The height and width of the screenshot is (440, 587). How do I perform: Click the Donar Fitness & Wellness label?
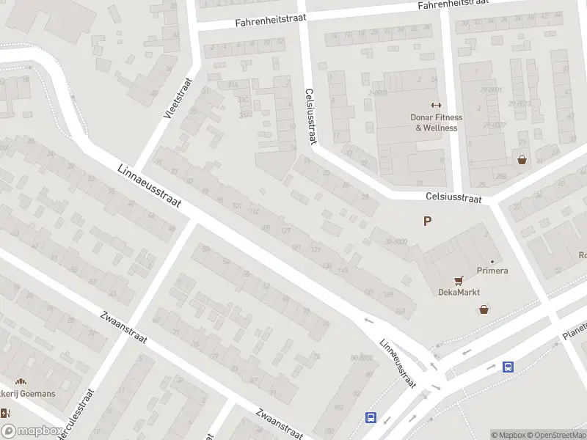click(436, 122)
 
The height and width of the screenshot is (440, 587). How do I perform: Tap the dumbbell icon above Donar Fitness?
click(436, 105)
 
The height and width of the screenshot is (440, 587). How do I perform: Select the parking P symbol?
click(427, 221)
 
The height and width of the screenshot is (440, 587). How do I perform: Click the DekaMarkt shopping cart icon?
click(459, 279)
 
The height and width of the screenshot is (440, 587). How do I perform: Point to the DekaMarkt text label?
click(459, 292)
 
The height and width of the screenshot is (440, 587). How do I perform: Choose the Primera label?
click(492, 271)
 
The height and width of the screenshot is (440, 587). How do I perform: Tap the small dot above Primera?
click(492, 261)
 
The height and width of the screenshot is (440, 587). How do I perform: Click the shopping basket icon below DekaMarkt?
click(484, 309)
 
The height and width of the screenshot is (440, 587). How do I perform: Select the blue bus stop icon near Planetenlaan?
click(508, 367)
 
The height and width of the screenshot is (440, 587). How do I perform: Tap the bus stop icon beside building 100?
click(371, 418)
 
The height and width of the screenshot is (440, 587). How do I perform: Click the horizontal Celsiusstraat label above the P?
click(453, 198)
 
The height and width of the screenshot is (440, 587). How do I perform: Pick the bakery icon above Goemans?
click(21, 381)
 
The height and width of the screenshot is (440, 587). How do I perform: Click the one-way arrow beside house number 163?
click(369, 320)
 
